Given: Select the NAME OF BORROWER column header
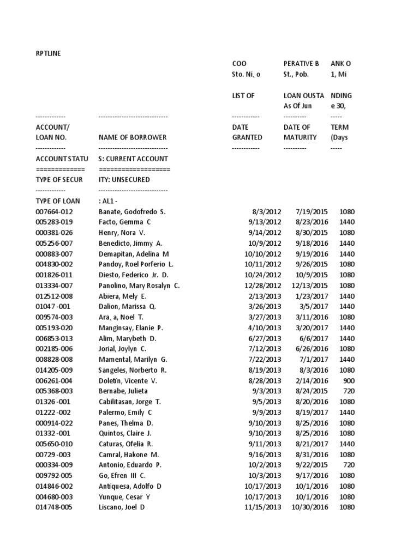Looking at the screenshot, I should pyautogui.click(x=133, y=137).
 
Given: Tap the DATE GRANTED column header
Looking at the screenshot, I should pyautogui.click(x=247, y=132).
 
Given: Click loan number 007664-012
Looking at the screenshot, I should pyautogui.click(x=54, y=211).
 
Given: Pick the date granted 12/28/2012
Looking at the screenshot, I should pyautogui.click(x=263, y=285).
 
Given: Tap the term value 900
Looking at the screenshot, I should pyautogui.click(x=348, y=380).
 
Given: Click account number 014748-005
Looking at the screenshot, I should pyautogui.click(x=54, y=507).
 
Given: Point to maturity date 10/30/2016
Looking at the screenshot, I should pyautogui.click(x=310, y=507).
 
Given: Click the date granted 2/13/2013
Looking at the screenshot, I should pyautogui.click(x=265, y=296).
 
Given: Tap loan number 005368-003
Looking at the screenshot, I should pyautogui.click(x=54, y=391).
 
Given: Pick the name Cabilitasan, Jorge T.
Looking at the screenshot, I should pyautogui.click(x=130, y=402).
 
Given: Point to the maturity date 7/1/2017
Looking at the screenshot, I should pyautogui.click(x=316, y=359).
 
